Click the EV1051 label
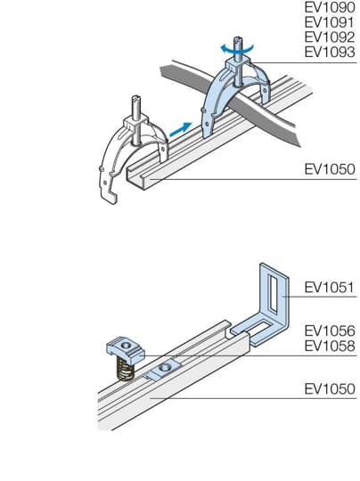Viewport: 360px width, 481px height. [x=329, y=288]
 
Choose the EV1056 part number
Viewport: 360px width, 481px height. [x=329, y=330]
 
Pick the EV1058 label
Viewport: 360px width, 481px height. [x=329, y=346]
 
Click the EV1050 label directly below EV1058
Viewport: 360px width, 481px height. [x=329, y=389]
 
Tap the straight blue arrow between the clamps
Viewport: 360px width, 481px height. [x=180, y=128]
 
